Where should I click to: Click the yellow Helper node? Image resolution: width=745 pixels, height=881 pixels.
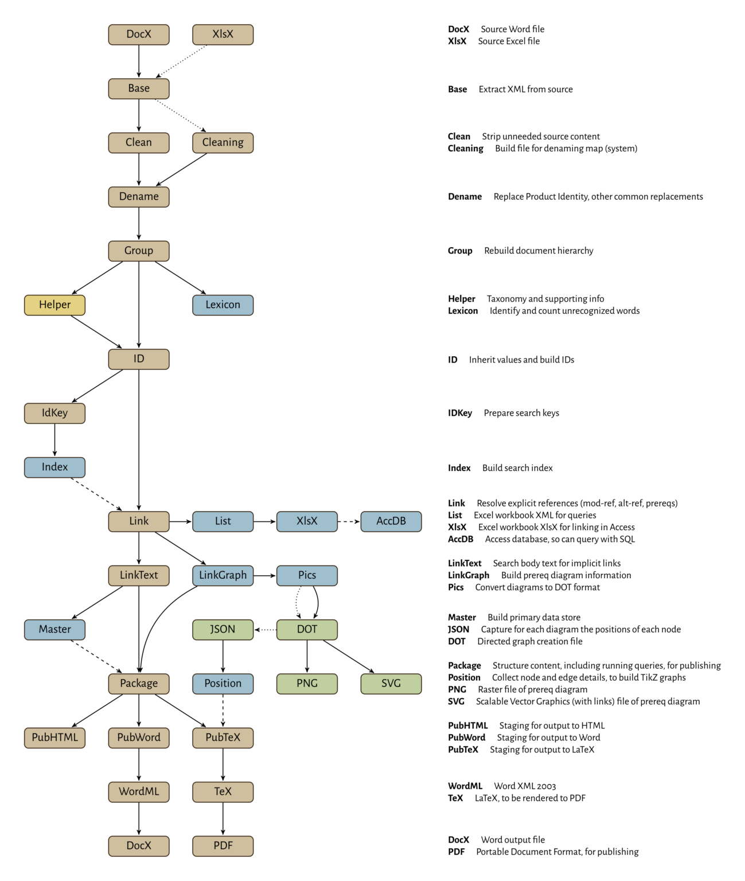54,305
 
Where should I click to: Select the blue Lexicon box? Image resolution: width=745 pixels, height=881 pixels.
223,305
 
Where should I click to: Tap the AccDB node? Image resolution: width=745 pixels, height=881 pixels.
391,521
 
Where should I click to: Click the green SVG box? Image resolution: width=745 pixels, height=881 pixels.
391,684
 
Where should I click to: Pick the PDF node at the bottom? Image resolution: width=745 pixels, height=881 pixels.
223,846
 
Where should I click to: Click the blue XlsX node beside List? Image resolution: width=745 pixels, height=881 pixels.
307,521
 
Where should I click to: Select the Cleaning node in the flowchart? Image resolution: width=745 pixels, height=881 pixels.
223,143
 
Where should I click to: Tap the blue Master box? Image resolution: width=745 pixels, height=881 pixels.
54,630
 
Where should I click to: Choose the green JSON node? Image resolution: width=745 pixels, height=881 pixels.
223,630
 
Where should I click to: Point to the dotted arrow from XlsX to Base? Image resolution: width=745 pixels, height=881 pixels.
182,61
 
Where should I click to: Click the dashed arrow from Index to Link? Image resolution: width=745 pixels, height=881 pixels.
96,494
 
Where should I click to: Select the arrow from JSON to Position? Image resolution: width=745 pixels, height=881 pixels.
223,656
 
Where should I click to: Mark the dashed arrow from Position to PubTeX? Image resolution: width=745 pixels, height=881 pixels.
223,710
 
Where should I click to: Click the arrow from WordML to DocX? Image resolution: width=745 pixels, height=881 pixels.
139,818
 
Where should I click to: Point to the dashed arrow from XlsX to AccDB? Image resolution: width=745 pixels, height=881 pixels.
349,521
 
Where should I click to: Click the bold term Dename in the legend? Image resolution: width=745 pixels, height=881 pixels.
465,197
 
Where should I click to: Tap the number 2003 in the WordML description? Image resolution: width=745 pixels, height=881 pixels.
545,786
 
